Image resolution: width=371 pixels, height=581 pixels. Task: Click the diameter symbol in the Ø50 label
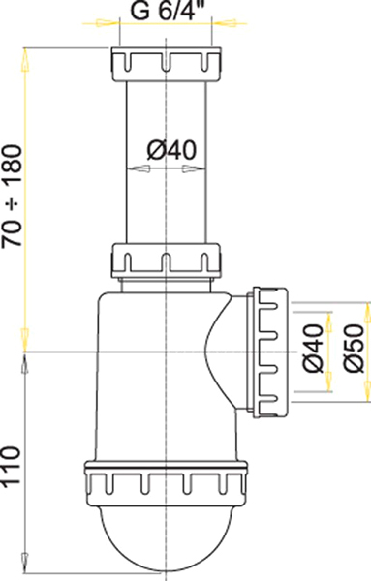point(353,368)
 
